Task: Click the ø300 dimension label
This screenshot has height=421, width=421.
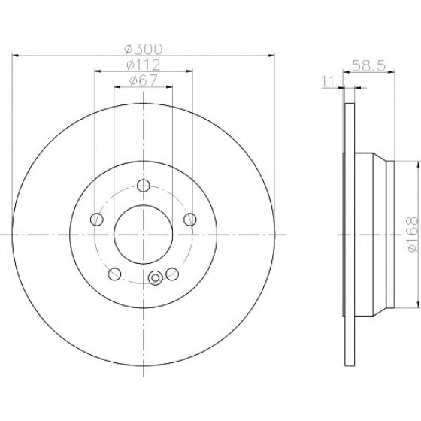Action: click(144, 49)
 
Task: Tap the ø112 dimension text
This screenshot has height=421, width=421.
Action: click(144, 65)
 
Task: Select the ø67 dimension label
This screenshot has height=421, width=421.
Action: click(144, 80)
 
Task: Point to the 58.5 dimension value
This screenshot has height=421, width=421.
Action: click(368, 66)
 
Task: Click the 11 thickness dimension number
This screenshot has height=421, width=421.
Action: click(328, 82)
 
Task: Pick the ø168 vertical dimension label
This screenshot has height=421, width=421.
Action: click(413, 234)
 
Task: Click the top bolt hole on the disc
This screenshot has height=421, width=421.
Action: click(144, 186)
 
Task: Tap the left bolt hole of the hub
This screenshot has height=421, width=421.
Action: click(97, 220)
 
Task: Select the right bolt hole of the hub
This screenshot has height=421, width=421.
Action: click(189, 220)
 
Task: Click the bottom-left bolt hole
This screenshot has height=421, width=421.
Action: click(114, 274)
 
